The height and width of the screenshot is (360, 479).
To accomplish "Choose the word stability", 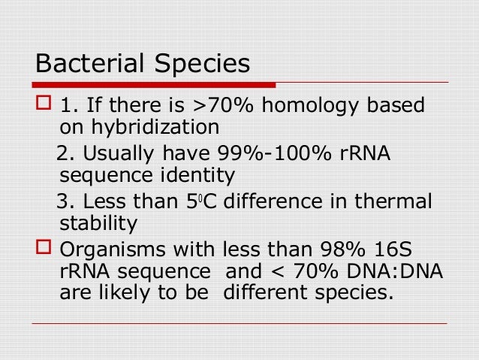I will (98, 224).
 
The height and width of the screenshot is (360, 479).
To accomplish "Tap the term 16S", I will (400, 251).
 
